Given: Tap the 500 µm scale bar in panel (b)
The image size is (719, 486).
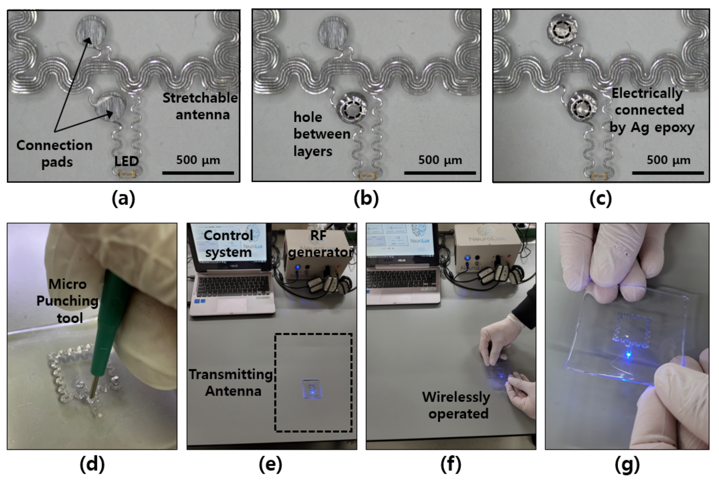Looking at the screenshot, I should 440,173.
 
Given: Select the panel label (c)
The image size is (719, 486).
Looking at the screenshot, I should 600,199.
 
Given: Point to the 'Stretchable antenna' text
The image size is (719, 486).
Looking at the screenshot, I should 200,106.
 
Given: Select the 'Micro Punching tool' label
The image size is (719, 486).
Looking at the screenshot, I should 68,301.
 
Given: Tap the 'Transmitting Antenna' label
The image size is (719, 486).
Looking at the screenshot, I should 232,383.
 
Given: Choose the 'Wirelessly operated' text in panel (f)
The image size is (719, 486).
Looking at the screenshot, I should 457,405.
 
